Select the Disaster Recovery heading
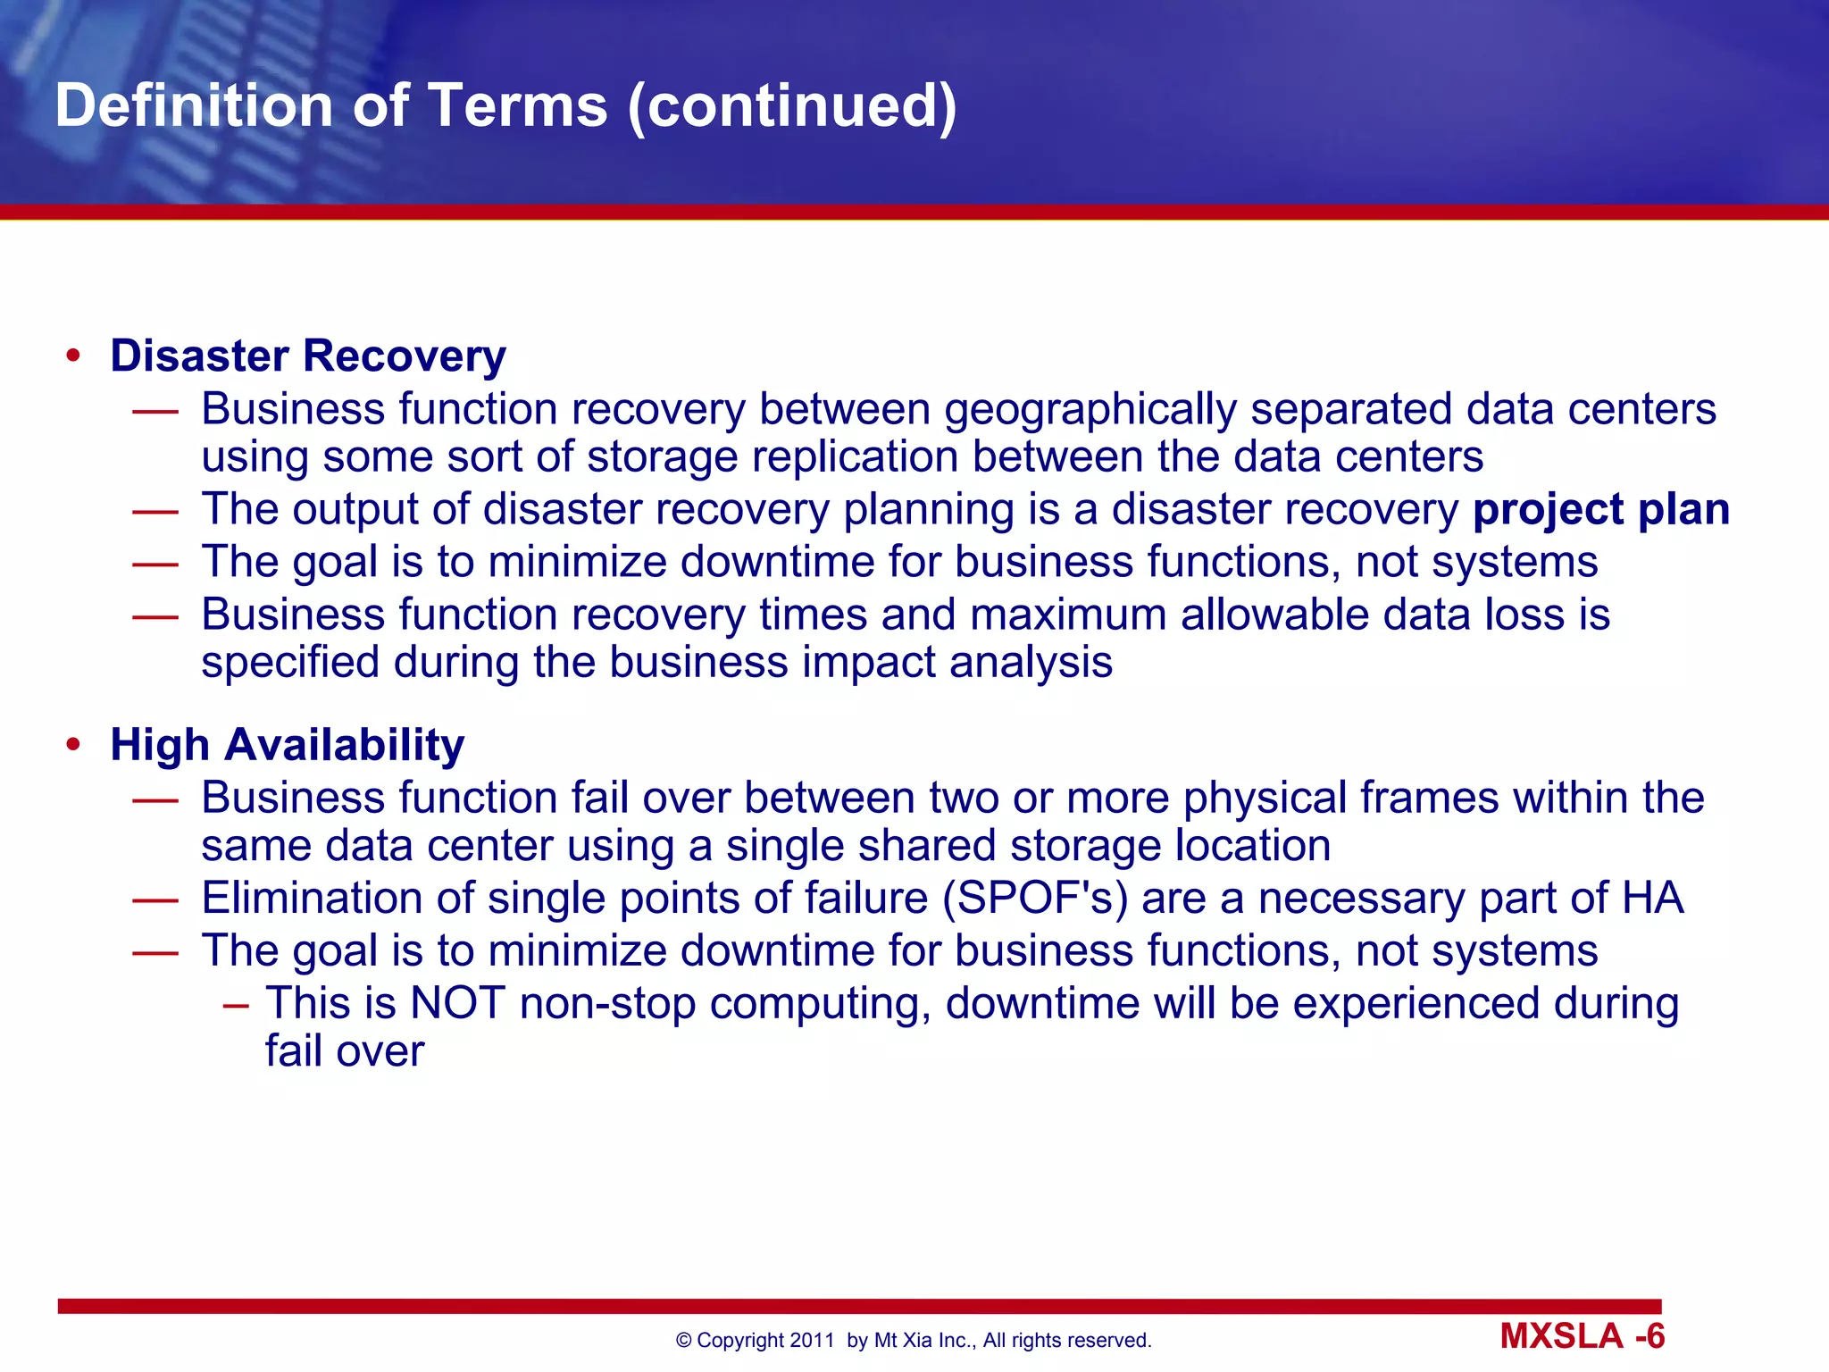[x=307, y=356]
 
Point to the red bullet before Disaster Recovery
[x=73, y=356]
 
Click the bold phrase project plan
[x=1600, y=509]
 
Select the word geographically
[x=1090, y=410]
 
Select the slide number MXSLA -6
[x=1582, y=1336]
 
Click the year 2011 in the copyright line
[x=812, y=1341]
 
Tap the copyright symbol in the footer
[x=684, y=1341]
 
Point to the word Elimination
[x=312, y=898]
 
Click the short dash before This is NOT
[x=236, y=1005]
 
